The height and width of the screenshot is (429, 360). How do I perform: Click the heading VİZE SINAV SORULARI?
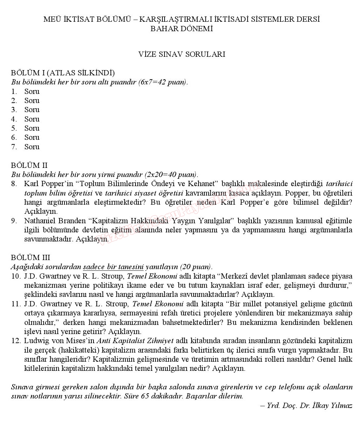[x=181, y=54]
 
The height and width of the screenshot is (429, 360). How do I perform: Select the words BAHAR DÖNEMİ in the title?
[x=181, y=29]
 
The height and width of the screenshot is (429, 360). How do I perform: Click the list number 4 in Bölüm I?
[x=14, y=119]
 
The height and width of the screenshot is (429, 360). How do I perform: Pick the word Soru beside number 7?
[x=32, y=147]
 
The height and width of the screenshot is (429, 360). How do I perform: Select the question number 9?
[x=14, y=221]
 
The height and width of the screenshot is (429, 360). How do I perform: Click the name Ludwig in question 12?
[x=35, y=341]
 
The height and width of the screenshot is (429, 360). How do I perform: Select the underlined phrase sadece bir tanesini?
[x=113, y=267]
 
